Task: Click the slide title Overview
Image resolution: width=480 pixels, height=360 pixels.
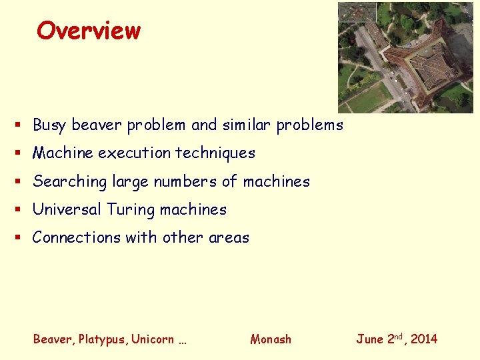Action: (89, 31)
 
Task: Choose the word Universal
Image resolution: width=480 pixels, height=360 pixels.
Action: (65, 209)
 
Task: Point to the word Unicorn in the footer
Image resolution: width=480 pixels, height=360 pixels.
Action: (152, 339)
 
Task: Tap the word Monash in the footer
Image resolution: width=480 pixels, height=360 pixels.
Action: (271, 339)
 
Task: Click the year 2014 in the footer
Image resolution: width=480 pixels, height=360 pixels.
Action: (424, 339)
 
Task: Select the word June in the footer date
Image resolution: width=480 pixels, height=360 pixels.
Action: (369, 339)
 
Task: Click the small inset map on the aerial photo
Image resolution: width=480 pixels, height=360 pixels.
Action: (357, 13)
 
